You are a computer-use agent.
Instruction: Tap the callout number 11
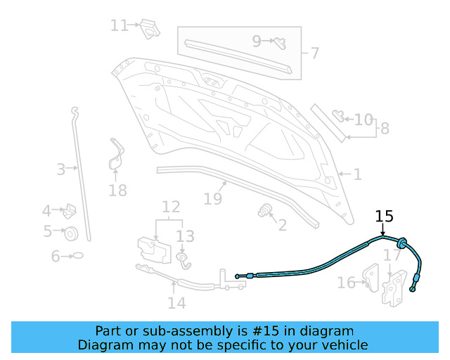pos(119,25)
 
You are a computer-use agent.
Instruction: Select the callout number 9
pos(257,41)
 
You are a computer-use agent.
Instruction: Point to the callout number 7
pos(314,53)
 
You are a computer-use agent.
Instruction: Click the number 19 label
pos(212,199)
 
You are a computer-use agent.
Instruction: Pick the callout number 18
pos(117,190)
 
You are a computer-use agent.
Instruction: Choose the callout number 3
pos(61,169)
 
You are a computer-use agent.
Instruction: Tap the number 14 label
pos(176,303)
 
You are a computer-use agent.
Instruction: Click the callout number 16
pos(346,283)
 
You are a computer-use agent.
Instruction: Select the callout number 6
pos(56,257)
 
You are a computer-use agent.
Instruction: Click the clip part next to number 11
pos(149,27)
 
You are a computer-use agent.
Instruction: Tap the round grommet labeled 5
pos(71,233)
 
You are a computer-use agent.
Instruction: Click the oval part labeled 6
pos(78,256)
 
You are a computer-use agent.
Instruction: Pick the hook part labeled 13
pos(184,261)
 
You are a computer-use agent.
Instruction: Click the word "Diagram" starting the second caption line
pos(106,345)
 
